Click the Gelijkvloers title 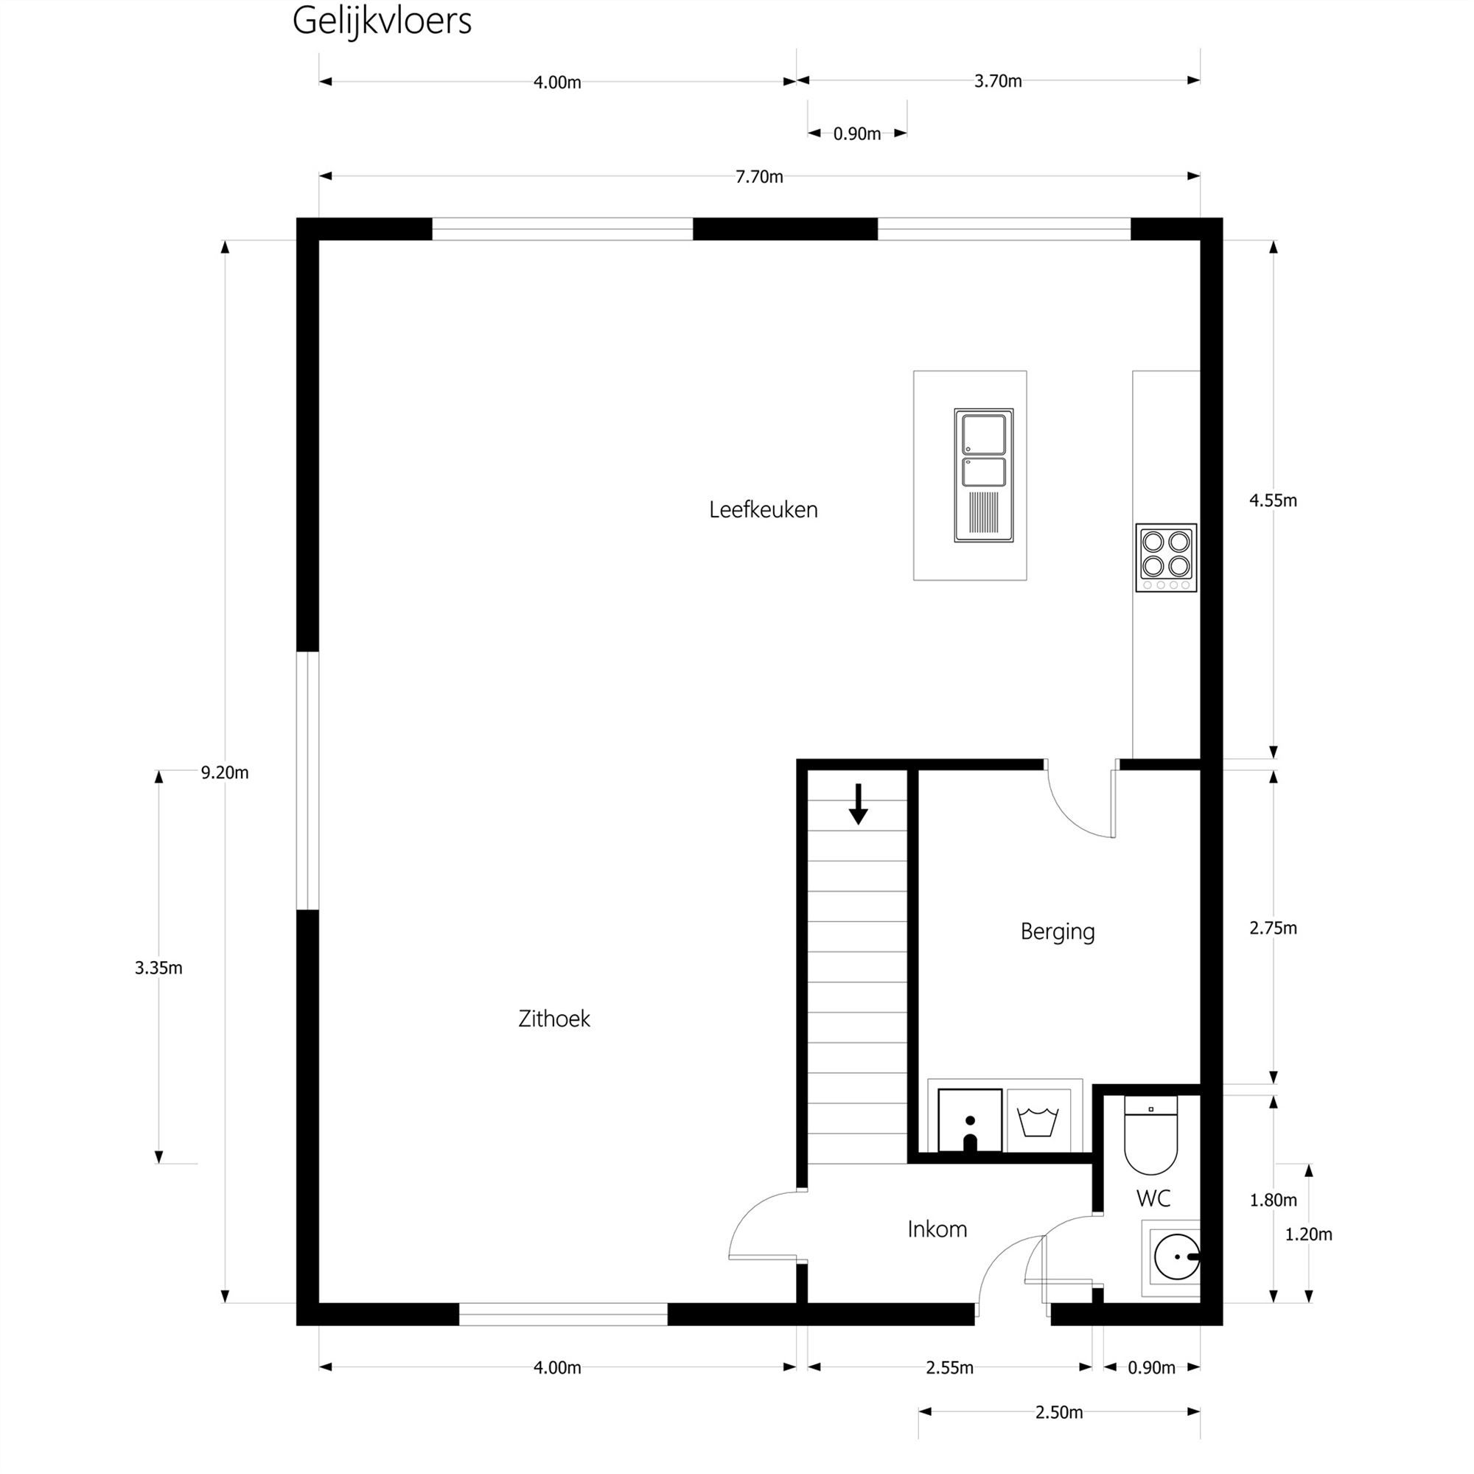(382, 21)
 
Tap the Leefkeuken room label (763, 510)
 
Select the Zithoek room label (554, 1019)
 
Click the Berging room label (1058, 932)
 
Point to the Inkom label (937, 1229)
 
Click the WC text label (1153, 1198)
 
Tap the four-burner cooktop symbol (1166, 558)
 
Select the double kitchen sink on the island (983, 475)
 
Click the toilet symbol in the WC (1150, 1136)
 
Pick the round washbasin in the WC (1175, 1256)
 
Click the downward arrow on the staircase (859, 805)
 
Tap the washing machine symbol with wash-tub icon (1038, 1121)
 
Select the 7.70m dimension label (759, 177)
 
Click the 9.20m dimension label (224, 773)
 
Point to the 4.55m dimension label (1273, 500)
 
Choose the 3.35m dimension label (158, 968)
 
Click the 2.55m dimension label (950, 1368)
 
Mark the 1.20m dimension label (1308, 1234)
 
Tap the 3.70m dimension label (998, 81)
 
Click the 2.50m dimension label (1059, 1413)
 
